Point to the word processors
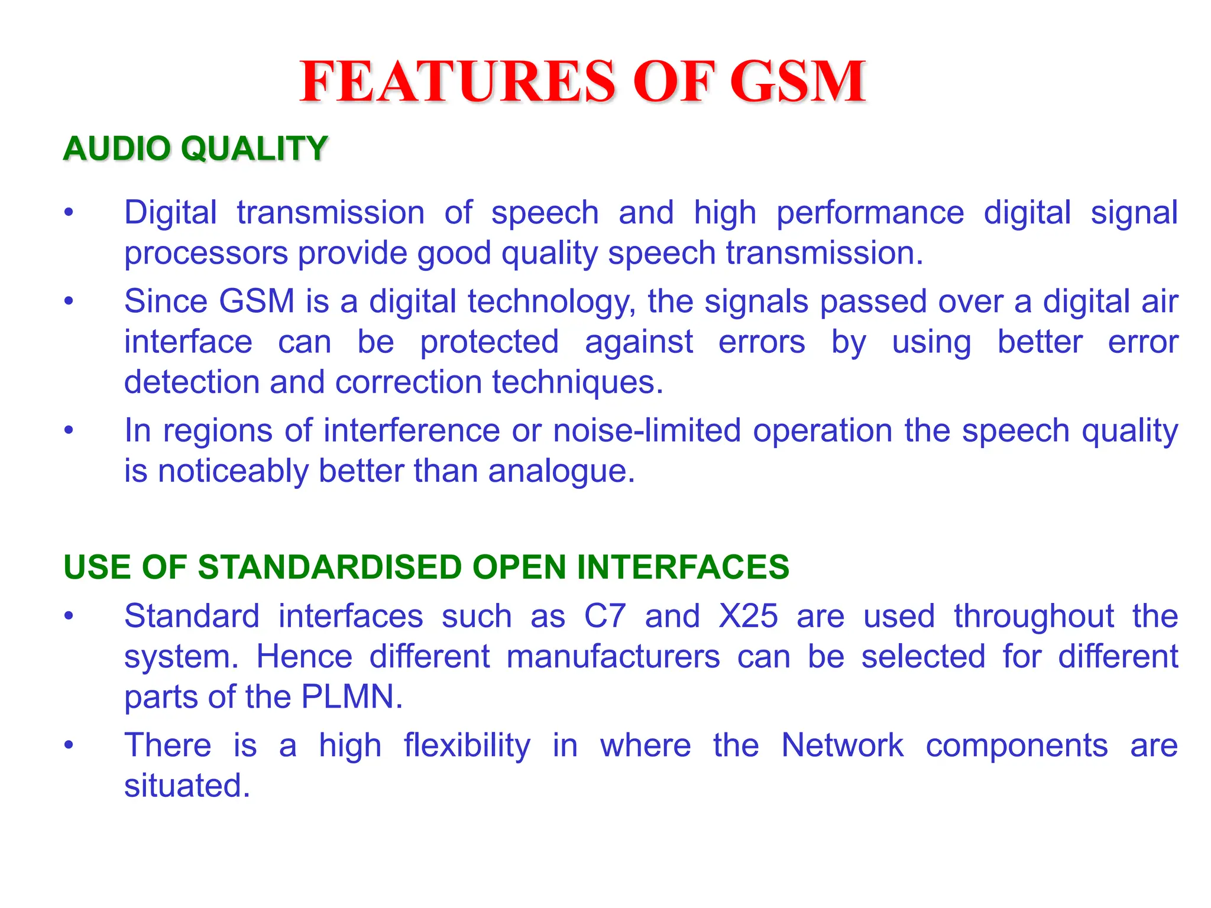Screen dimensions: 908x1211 click(206, 254)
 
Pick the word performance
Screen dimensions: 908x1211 click(870, 213)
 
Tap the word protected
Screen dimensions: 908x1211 click(489, 342)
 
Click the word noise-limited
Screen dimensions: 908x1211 click(647, 430)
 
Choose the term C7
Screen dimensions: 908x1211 click(604, 616)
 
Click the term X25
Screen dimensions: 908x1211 click(748, 616)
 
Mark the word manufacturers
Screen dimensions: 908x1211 click(613, 657)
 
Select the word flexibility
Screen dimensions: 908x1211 click(467, 745)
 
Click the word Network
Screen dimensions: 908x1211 click(842, 745)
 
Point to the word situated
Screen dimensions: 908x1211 click(187, 786)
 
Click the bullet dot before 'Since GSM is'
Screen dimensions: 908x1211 click(69, 301)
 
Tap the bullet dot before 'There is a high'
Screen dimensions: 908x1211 click(69, 745)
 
